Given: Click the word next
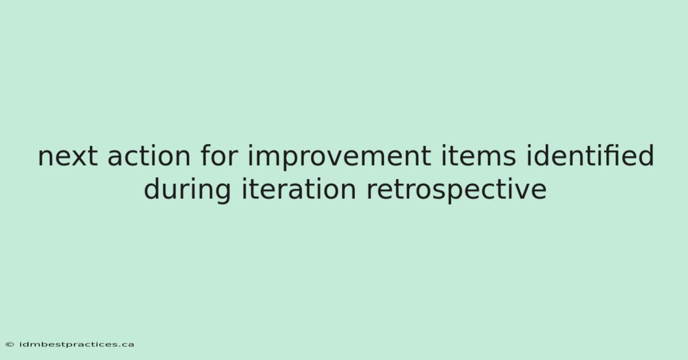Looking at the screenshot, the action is click(68, 156).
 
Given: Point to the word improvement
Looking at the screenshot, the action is click(339, 157).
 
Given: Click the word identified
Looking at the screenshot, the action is click(591, 155).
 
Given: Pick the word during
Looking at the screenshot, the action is click(187, 189).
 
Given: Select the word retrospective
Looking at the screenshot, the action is click(457, 190).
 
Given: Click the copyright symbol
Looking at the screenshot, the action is click(10, 345).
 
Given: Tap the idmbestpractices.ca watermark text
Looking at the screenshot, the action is click(77, 345).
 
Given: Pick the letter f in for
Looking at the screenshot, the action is click(206, 155).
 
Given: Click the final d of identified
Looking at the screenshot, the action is click(646, 155).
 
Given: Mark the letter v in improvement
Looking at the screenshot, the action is click(342, 159).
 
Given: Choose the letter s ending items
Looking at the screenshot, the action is click(509, 159).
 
